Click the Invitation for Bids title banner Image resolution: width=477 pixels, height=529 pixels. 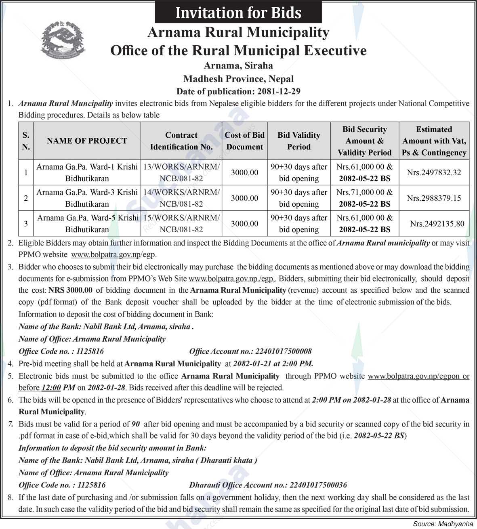(238, 13)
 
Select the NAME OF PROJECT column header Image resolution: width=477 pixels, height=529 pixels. (87, 141)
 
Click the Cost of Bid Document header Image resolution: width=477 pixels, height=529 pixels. (244, 141)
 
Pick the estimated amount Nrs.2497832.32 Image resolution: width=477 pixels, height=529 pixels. (434, 172)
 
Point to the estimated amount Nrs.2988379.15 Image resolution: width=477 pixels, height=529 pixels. (434, 198)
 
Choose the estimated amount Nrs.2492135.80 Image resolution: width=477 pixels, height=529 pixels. (437, 224)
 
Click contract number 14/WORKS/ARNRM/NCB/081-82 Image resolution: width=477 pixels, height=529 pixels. (181, 198)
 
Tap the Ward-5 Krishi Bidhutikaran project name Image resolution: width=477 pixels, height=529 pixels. (87, 224)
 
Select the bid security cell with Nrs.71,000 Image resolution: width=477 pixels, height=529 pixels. (364, 198)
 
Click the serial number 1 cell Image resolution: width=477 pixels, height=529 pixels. (26, 172)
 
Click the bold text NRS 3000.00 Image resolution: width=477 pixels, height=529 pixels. (71, 290)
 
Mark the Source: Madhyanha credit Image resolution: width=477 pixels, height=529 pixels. (442, 524)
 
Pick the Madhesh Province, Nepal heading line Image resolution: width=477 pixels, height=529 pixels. (238, 79)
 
